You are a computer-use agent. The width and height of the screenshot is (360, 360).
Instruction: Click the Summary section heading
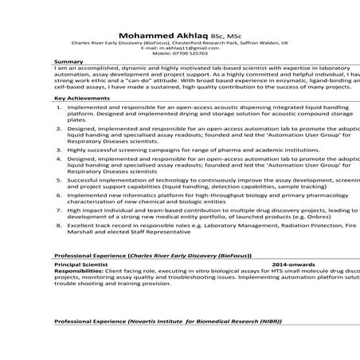[x=68, y=61]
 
